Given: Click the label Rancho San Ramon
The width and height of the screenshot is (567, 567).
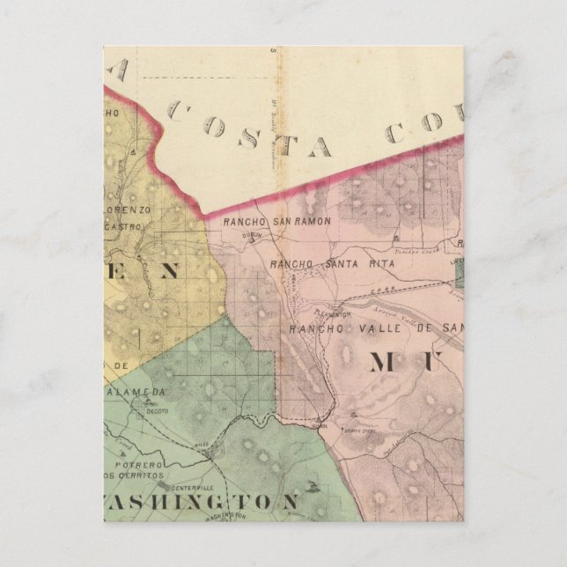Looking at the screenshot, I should [277, 222].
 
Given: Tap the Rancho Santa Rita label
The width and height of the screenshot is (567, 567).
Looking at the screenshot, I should [320, 263].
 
